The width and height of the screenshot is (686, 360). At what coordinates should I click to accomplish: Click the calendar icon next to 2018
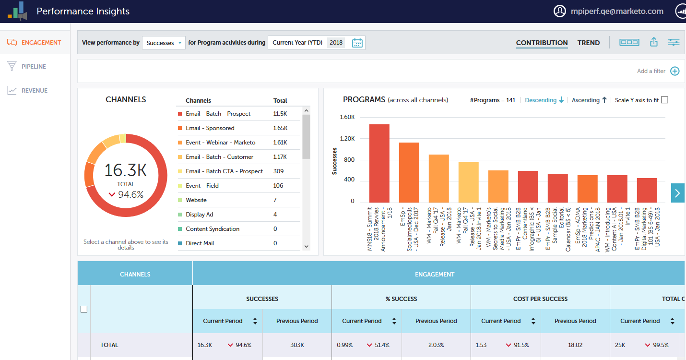click(357, 43)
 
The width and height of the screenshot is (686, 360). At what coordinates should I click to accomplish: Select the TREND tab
click(588, 43)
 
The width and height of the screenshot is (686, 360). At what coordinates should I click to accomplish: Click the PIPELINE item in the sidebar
click(34, 67)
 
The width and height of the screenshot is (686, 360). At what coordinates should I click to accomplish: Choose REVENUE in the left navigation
click(34, 91)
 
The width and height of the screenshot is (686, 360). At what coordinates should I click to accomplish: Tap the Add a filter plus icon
click(674, 71)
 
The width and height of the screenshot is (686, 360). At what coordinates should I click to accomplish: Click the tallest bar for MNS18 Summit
click(379, 163)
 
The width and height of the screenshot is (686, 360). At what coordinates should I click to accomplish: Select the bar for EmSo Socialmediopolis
click(409, 172)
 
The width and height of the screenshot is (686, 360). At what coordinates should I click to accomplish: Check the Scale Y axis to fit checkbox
click(664, 100)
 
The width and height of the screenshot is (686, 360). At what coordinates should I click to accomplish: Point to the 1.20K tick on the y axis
click(347, 138)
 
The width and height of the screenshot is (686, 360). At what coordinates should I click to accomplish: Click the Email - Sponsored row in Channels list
click(210, 128)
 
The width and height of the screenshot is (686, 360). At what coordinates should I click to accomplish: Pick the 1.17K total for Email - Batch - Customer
click(280, 157)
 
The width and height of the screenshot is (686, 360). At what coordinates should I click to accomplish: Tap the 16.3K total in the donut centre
click(125, 170)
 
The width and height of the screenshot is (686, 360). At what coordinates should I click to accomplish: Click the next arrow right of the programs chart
click(677, 193)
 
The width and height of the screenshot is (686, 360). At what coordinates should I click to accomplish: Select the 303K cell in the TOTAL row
click(297, 345)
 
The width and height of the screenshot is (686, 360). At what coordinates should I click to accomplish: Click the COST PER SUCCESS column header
click(540, 299)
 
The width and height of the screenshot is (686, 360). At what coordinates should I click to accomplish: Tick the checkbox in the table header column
click(84, 309)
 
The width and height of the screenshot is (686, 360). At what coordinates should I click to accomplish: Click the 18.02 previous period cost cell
click(575, 345)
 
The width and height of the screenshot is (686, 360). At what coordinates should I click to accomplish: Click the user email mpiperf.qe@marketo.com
click(616, 11)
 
